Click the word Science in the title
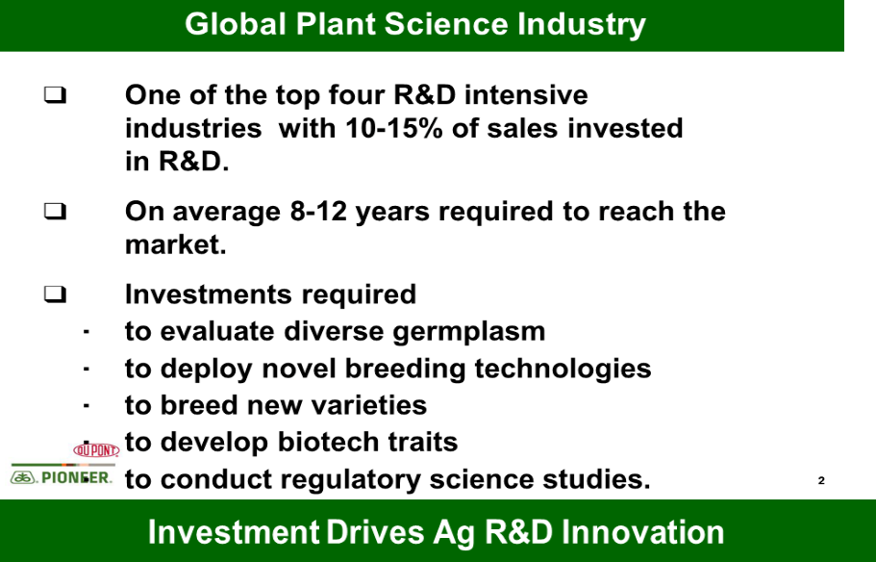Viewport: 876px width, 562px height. pos(446,25)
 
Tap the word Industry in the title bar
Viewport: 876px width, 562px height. pos(582,26)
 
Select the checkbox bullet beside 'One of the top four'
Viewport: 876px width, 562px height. pos(55,94)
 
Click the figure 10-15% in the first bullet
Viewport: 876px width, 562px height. pos(394,128)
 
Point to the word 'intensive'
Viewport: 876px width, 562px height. pos(526,94)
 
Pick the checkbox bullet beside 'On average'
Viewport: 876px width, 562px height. pos(55,212)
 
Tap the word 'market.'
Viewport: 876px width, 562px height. pos(175,244)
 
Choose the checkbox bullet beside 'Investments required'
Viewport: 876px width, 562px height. pos(55,294)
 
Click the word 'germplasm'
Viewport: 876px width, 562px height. pos(468,332)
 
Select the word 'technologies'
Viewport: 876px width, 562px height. pos(563,369)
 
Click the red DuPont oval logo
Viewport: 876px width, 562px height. pos(97,450)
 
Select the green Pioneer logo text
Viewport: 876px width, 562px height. pos(76,477)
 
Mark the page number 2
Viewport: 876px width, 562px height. pos(821,480)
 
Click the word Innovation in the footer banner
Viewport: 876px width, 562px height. pos(642,531)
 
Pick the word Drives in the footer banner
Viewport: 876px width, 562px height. pos(374,531)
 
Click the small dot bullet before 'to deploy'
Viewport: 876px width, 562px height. pos(86,370)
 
